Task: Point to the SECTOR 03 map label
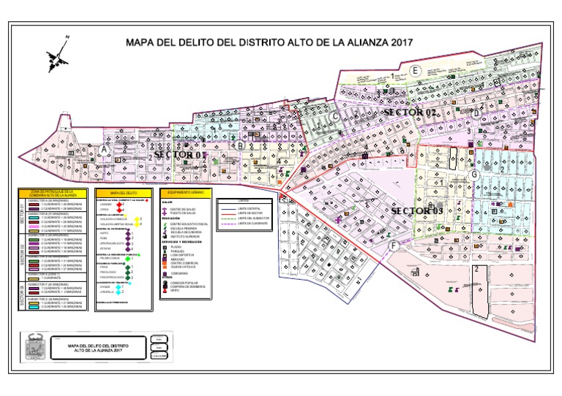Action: (417, 210)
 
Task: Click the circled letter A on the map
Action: (105, 150)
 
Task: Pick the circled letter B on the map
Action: (239, 145)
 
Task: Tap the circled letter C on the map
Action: (335, 116)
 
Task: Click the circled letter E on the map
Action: (415, 70)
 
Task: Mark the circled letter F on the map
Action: (394, 246)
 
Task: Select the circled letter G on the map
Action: (474, 175)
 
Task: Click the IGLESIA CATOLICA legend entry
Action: (184, 267)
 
